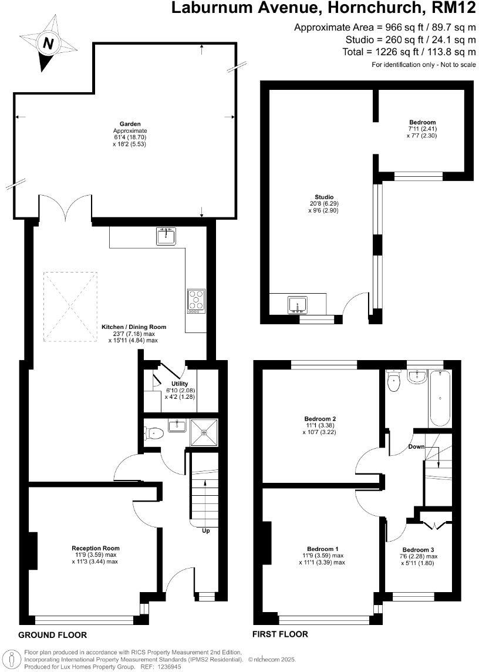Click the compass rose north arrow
(x=48, y=43)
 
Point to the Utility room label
(x=180, y=384)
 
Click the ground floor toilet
(x=154, y=434)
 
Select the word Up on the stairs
(x=205, y=530)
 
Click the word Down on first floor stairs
(x=417, y=447)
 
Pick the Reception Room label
(x=96, y=548)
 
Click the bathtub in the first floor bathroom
(x=440, y=398)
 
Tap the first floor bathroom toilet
(x=393, y=382)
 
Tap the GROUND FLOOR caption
(x=53, y=635)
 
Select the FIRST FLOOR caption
(x=280, y=634)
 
